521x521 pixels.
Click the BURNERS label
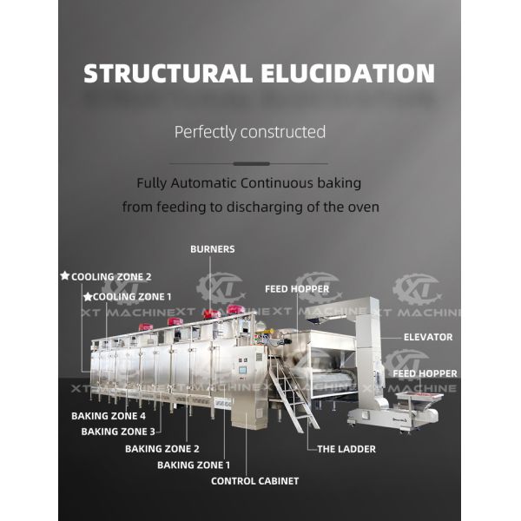pos(213,249)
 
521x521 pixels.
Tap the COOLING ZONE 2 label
pos(111,277)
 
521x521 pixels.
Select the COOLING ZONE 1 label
pos(132,297)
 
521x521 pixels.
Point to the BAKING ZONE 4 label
pos(109,416)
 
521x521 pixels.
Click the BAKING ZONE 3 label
pos(118,432)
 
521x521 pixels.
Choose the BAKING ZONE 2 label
pos(162,449)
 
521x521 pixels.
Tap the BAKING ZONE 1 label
pos(194,465)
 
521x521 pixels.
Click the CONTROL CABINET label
pos(254,481)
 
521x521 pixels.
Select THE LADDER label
pos(346,449)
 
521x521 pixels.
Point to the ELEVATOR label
pos(428,337)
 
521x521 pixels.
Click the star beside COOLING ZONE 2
pos(65,276)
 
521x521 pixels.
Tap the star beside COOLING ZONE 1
pos(88,296)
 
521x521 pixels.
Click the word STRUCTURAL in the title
pos(168,73)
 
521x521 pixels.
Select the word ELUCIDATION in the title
pos(347,73)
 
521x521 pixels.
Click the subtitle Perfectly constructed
pos(250,132)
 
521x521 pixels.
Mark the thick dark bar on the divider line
pos(251,164)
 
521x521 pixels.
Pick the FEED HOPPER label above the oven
pos(297,289)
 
